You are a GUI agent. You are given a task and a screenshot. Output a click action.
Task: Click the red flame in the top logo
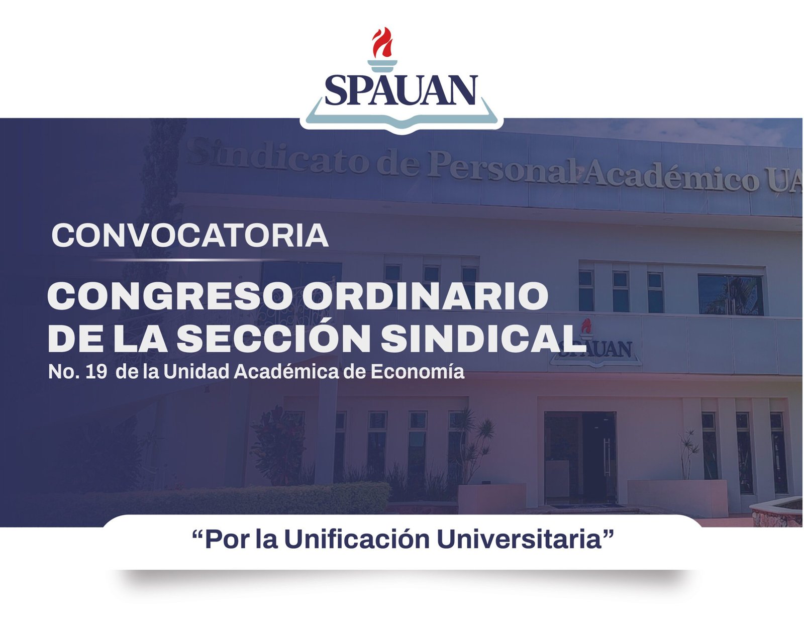[x=382, y=42]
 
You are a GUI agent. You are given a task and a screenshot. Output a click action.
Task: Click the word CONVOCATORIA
[x=190, y=236]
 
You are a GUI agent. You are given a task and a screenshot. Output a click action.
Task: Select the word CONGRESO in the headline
[x=171, y=295]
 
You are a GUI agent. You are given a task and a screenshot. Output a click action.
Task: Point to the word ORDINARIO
[x=425, y=295]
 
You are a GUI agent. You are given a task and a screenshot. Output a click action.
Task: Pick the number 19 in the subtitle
[x=96, y=372]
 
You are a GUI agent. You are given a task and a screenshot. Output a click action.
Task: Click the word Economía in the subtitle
[x=417, y=371]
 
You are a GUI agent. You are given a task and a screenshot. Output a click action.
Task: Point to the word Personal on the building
[x=503, y=168]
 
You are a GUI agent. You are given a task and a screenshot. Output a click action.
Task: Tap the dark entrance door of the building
[x=580, y=458]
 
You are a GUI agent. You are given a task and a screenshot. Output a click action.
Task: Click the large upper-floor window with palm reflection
[x=730, y=295]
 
